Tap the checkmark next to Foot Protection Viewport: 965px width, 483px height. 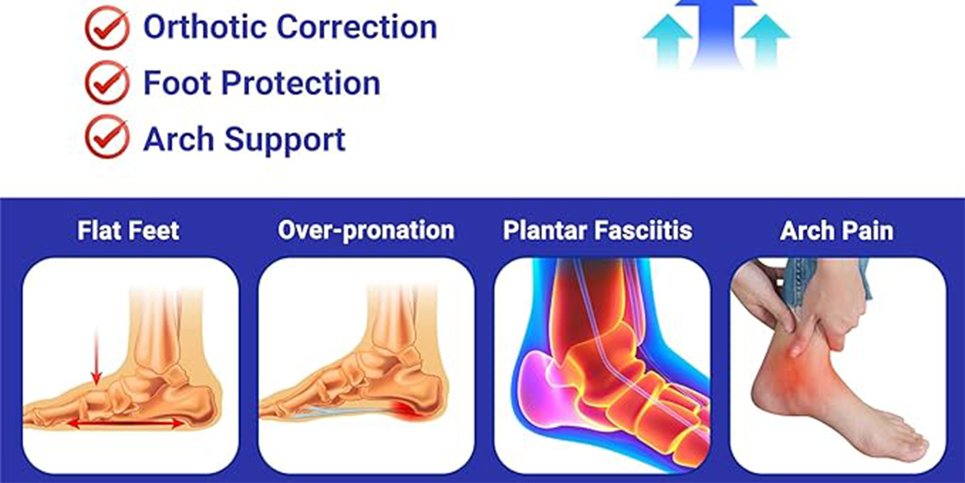tap(107, 83)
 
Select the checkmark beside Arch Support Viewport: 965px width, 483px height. tap(107, 137)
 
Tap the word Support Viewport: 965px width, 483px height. tap(285, 140)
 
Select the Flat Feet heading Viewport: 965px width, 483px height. tap(128, 230)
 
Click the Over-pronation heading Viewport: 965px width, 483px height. tap(366, 230)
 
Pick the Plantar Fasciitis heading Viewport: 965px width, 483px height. tap(597, 230)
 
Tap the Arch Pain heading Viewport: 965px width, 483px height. tap(837, 230)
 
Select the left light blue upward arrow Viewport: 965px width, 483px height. tap(668, 41)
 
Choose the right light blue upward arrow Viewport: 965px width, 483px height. tap(766, 41)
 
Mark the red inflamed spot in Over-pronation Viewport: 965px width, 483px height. tap(408, 410)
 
